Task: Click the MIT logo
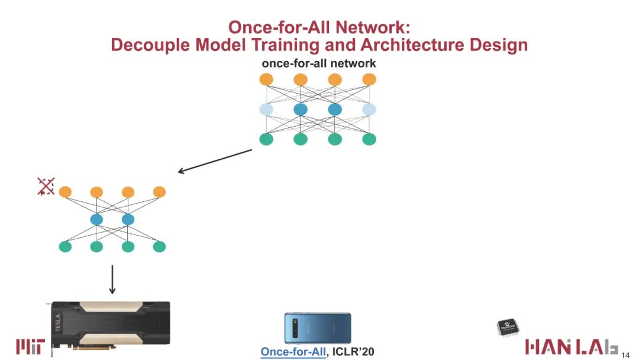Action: tap(29, 346)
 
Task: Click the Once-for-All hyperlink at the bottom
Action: tap(293, 352)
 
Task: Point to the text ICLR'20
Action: tap(354, 352)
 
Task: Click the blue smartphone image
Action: tap(318, 329)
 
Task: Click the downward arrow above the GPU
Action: tap(112, 279)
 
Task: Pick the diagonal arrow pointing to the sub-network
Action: tap(215, 161)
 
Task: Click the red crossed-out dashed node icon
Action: tap(46, 187)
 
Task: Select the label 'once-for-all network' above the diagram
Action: tap(318, 63)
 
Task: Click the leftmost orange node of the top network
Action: tap(266, 79)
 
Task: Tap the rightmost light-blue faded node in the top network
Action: tap(369, 110)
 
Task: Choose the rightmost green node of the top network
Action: tap(369, 140)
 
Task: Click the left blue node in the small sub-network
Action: tap(96, 220)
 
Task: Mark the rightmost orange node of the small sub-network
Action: tap(159, 192)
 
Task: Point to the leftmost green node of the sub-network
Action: tap(65, 247)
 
